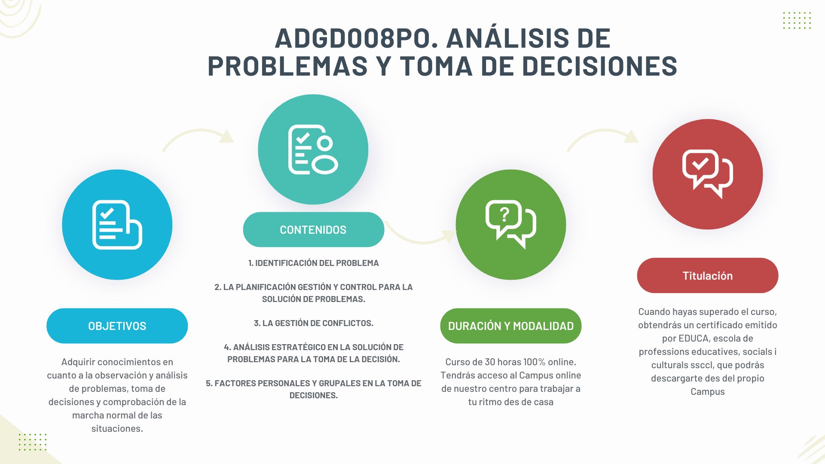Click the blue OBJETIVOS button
[x=117, y=326]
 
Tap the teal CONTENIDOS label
[x=313, y=229]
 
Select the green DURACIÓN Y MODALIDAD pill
[x=510, y=326]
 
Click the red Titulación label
[x=707, y=275]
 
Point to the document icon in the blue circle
[x=117, y=225]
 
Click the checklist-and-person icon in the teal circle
[x=313, y=150]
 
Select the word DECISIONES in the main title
[x=599, y=66]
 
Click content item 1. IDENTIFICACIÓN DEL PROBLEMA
[x=314, y=263]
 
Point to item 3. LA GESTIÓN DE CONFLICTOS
[x=314, y=323]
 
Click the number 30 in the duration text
[x=490, y=362]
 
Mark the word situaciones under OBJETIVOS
[x=117, y=428]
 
